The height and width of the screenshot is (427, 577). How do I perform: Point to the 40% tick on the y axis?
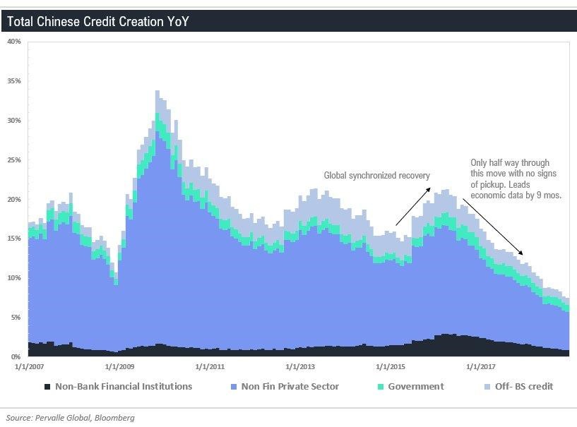point(14,42)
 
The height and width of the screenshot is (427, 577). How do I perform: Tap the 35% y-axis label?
point(14,81)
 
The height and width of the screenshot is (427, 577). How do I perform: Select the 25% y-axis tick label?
point(14,160)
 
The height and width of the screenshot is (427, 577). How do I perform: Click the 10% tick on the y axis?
point(14,278)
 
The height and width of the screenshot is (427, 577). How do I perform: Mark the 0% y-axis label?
point(16,357)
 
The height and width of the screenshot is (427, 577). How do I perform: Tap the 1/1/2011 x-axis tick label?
point(210,367)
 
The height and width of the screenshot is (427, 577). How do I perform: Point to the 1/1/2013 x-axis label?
point(300,367)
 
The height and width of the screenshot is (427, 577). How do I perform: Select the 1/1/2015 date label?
point(391,367)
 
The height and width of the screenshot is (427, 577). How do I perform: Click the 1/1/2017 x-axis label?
point(481,367)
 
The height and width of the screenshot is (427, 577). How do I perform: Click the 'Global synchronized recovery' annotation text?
point(376,175)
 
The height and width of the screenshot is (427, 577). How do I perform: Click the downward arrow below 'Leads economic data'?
point(498,229)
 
